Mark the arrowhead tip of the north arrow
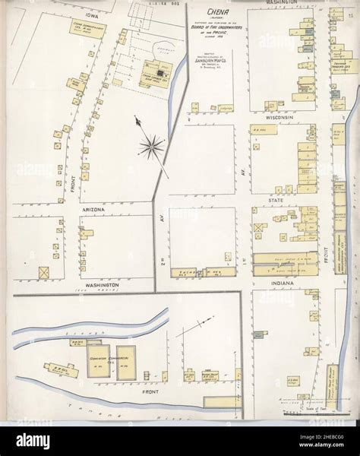click(x=137, y=118)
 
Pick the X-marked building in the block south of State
click(x=258, y=227)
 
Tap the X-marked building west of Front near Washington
click(x=43, y=271)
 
